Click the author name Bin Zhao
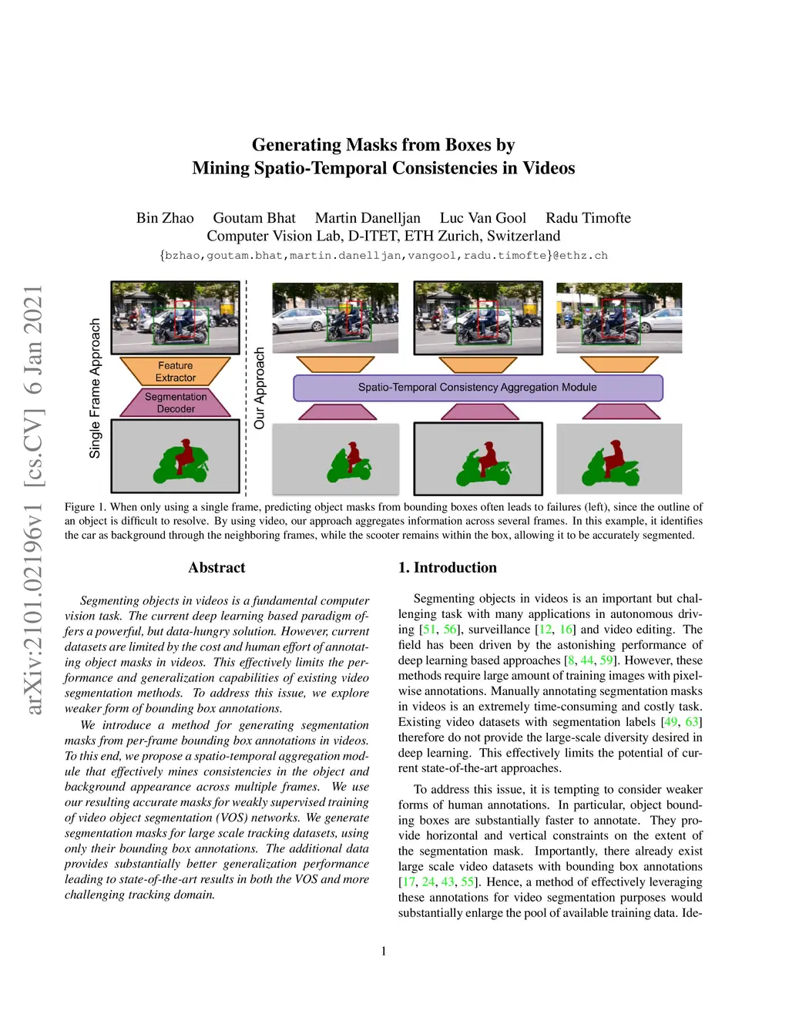click(165, 218)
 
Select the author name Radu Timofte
click(588, 218)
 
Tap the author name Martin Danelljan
click(368, 218)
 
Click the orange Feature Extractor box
click(176, 371)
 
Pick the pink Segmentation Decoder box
click(176, 402)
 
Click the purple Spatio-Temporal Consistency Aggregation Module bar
click(478, 388)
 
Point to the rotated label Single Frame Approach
click(96, 388)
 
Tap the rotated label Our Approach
click(260, 388)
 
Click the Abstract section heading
click(217, 568)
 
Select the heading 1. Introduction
click(447, 568)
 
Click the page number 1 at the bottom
click(384, 951)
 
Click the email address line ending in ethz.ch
click(384, 256)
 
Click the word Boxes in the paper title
click(468, 145)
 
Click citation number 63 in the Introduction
click(692, 722)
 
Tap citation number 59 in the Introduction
click(606, 660)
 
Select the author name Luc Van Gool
click(483, 218)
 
